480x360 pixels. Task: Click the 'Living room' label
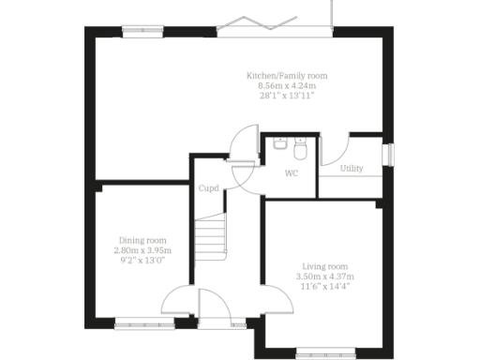pyautogui.click(x=324, y=266)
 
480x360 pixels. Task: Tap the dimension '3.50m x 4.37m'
pyautogui.click(x=324, y=277)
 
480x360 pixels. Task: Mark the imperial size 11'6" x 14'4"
pyautogui.click(x=324, y=286)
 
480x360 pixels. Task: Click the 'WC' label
pyautogui.click(x=291, y=173)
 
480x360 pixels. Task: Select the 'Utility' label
pyautogui.click(x=352, y=169)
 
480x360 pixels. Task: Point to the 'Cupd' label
pyautogui.click(x=208, y=188)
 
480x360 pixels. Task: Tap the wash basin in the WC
pyautogui.click(x=280, y=144)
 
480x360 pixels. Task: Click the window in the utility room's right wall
pyautogui.click(x=391, y=156)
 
